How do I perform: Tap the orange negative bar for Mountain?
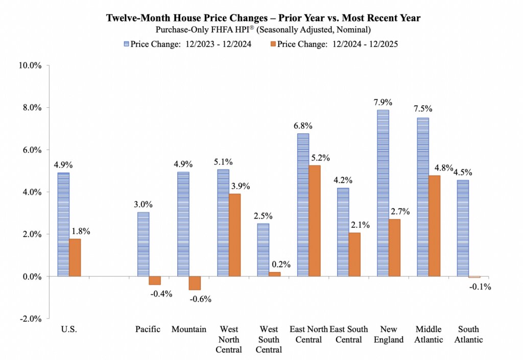click(194, 283)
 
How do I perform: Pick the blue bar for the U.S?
click(63, 224)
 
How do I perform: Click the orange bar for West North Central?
click(234, 235)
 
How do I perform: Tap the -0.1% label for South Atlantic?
click(481, 287)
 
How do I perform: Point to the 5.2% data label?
click(320, 158)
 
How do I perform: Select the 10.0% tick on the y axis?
click(32, 65)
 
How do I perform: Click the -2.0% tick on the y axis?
click(32, 319)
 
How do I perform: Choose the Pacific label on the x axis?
click(148, 329)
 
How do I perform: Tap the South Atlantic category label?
click(468, 334)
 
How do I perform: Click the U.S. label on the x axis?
click(69, 329)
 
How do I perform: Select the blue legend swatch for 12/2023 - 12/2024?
click(126, 44)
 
